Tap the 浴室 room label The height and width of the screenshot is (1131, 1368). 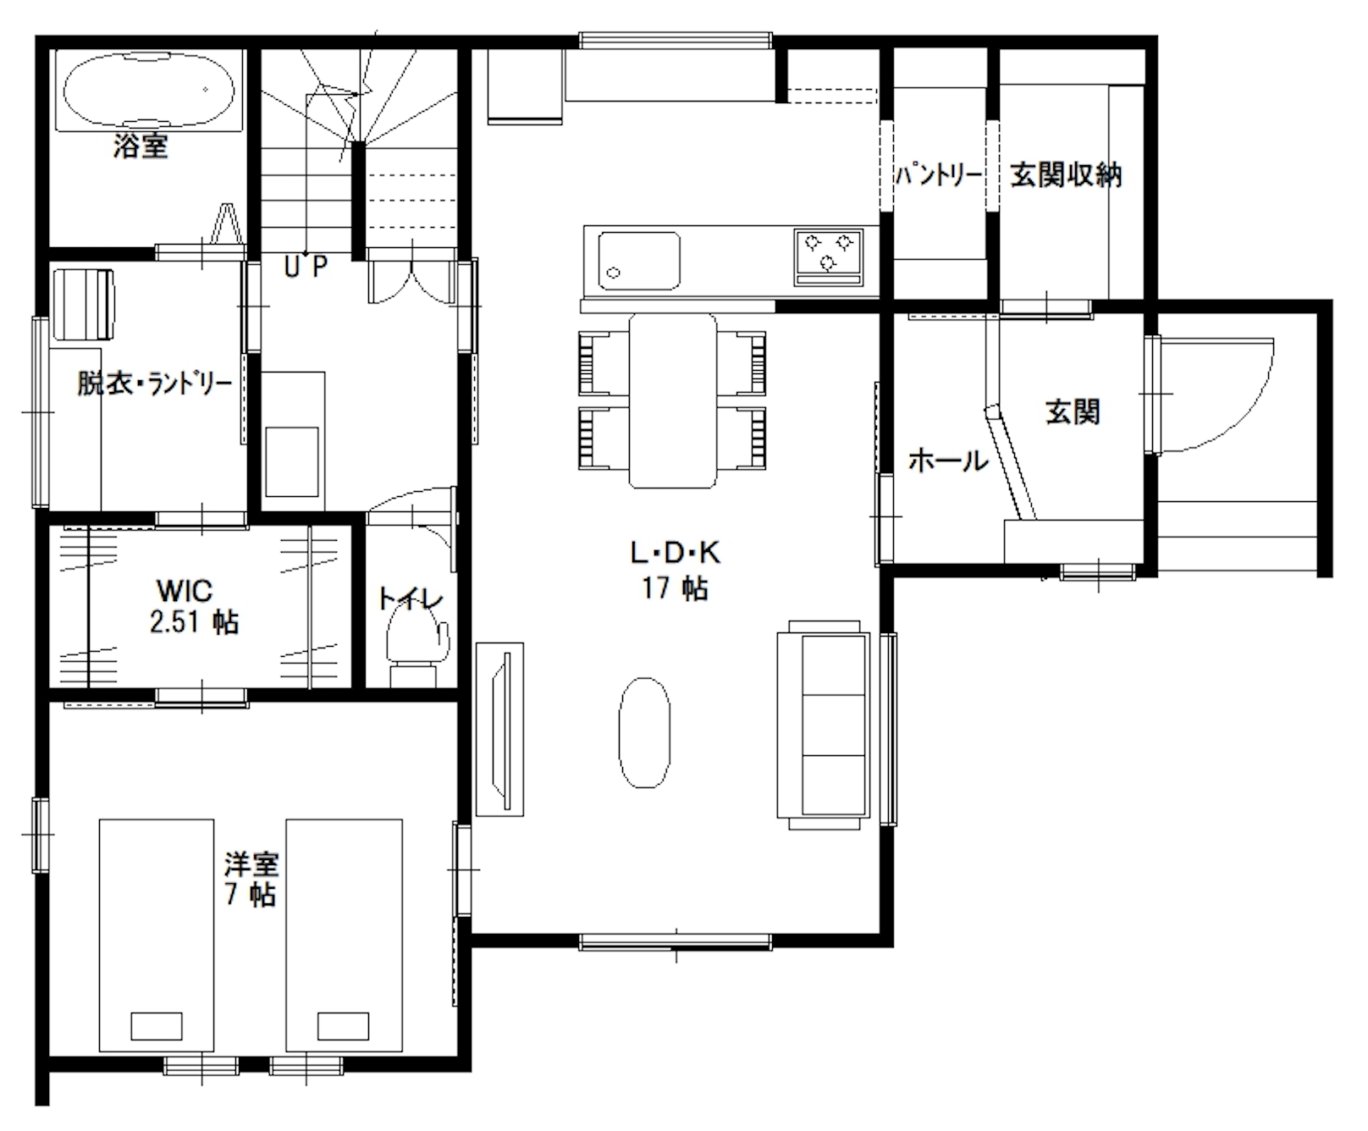(x=141, y=146)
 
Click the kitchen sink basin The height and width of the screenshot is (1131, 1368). (x=639, y=259)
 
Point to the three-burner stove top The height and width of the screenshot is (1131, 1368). (x=828, y=257)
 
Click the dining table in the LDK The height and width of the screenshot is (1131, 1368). (x=673, y=400)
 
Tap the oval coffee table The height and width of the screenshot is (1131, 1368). (x=644, y=734)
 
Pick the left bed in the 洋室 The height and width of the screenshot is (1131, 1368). (x=157, y=935)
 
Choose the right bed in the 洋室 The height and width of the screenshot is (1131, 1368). (x=344, y=935)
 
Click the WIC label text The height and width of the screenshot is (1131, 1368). (x=185, y=590)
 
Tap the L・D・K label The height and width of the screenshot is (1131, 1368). (x=675, y=553)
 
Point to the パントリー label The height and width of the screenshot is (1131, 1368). (x=939, y=175)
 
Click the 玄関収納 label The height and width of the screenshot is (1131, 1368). (x=1066, y=175)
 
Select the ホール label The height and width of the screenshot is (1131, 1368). (x=948, y=461)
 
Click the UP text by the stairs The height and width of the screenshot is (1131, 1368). (x=305, y=268)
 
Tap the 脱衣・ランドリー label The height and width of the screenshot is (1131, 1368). (x=155, y=383)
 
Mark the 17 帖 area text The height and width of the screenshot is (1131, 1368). (x=675, y=588)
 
